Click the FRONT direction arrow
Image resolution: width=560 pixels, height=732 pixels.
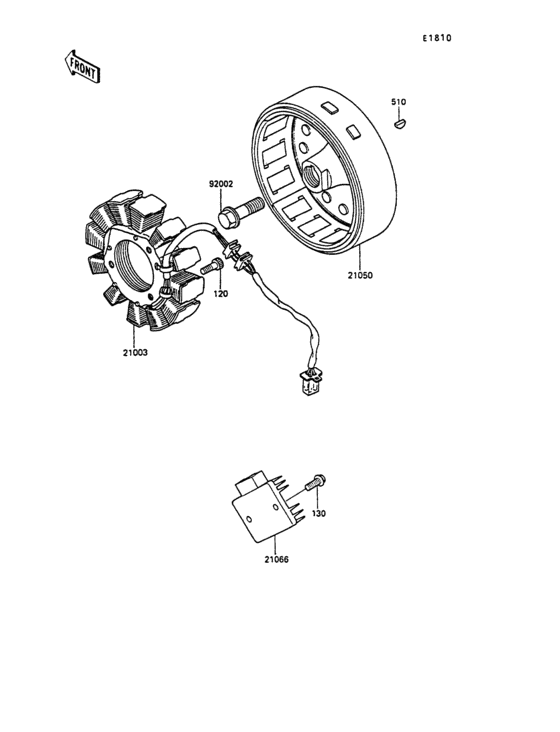tap(83, 67)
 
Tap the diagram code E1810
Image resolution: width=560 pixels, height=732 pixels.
tap(437, 38)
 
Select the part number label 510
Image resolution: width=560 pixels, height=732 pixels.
tap(399, 102)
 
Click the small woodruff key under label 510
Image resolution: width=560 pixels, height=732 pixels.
tap(400, 124)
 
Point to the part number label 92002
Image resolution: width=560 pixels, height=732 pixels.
tap(221, 184)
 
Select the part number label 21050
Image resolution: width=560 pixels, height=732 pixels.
tap(360, 275)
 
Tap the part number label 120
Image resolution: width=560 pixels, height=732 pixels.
tap(221, 294)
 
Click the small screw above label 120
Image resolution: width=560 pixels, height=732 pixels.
tap(212, 266)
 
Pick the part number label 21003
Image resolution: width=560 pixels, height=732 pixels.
tap(135, 352)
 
